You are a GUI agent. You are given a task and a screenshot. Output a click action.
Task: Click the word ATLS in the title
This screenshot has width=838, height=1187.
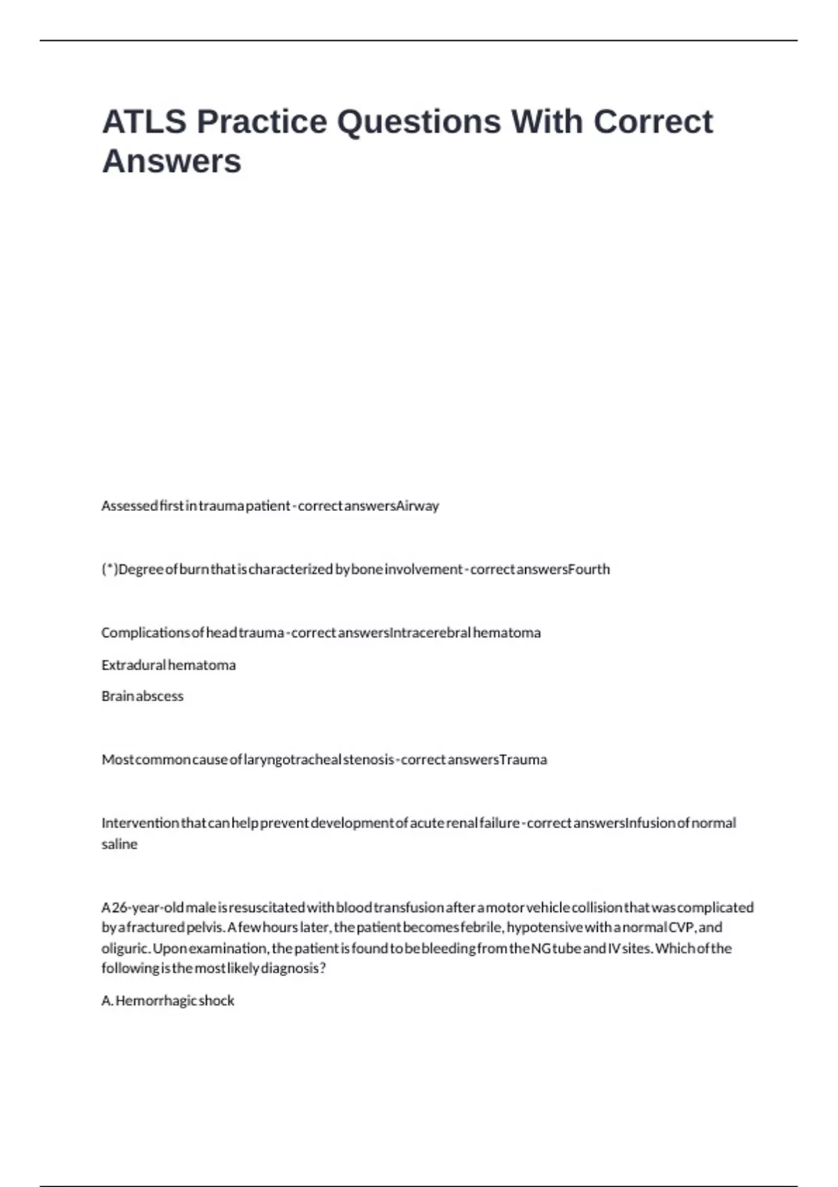click(145, 121)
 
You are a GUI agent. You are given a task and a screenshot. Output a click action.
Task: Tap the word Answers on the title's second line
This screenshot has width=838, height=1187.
click(172, 161)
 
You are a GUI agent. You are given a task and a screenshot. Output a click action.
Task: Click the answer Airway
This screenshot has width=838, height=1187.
click(418, 506)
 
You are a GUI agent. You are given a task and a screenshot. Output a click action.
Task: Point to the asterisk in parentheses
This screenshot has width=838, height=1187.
click(110, 569)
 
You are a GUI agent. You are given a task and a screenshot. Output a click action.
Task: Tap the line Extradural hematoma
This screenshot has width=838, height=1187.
click(168, 665)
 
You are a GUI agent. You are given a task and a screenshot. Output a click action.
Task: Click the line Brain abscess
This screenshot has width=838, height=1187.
click(142, 696)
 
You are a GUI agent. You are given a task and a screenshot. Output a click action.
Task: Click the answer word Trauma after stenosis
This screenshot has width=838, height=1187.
click(523, 760)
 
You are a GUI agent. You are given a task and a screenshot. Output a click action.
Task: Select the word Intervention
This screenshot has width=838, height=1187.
click(140, 823)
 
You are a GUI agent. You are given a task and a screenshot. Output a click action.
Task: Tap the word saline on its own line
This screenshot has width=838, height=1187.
click(119, 844)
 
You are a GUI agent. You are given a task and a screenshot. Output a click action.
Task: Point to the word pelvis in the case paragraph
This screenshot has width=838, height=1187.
click(205, 928)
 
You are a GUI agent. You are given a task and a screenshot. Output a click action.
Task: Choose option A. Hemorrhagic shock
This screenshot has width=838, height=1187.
click(168, 1001)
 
